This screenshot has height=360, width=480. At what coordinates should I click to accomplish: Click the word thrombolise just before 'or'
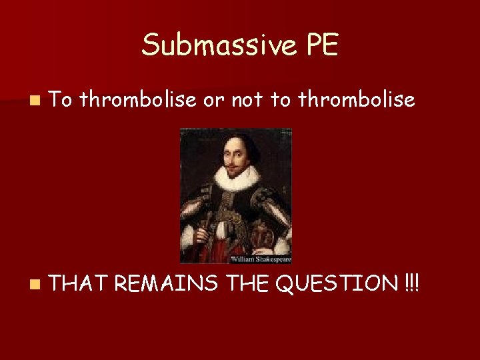(138, 100)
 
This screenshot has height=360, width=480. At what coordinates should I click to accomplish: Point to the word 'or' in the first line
(211, 101)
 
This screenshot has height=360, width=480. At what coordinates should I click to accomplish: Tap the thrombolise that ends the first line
(357, 100)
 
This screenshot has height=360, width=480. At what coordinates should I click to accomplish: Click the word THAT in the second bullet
(78, 284)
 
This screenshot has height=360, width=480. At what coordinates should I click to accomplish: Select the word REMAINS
(166, 284)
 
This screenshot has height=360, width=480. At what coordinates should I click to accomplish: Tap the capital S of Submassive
(151, 45)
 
